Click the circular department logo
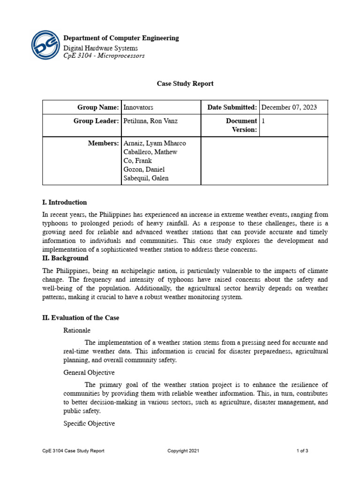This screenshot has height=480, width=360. (45, 45)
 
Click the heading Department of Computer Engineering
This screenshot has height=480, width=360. (121, 38)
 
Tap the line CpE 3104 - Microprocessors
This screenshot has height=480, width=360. (104, 56)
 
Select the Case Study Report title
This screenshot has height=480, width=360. (185, 83)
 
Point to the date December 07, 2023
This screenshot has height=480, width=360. (289, 107)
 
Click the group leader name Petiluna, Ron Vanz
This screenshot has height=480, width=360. (150, 121)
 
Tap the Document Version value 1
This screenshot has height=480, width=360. (263, 121)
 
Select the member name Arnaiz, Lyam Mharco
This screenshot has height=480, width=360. (155, 143)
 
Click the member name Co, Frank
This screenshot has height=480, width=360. (137, 161)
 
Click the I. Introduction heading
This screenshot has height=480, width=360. (64, 202)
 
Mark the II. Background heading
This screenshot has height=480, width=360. (65, 258)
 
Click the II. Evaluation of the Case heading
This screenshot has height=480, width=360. (81, 318)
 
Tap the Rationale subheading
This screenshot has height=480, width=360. (77, 330)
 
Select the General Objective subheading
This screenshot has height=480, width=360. (89, 373)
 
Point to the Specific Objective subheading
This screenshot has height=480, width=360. (89, 423)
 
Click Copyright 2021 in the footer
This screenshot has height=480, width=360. (183, 451)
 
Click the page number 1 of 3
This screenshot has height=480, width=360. (302, 451)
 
